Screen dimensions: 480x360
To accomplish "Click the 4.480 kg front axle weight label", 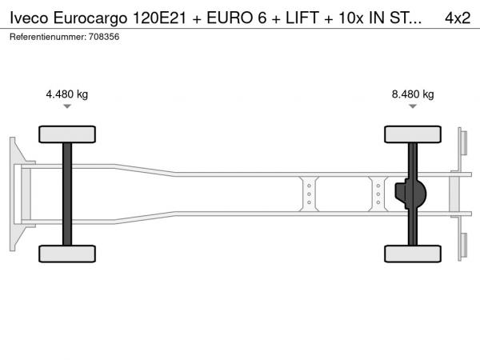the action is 66,94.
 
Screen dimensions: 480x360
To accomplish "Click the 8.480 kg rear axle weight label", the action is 413,94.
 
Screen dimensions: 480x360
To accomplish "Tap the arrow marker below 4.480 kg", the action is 67,106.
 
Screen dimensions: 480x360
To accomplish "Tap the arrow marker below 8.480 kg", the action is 413,106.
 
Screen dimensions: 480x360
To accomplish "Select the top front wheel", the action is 67,134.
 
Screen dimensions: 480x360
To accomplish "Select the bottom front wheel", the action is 67,254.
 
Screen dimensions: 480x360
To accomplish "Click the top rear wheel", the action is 413,134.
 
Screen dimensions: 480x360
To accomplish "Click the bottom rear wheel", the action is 413,254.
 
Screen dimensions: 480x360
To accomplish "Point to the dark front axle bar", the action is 67,194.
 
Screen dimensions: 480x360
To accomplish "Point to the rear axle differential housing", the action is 410,194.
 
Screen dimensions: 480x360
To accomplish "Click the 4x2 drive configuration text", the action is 458,18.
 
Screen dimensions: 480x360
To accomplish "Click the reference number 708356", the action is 104,37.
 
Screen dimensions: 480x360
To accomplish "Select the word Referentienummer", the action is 48,37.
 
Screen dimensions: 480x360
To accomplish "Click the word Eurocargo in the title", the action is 90,18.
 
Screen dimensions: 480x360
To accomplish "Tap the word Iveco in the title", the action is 29,18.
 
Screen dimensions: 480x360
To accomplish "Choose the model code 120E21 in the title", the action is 159,18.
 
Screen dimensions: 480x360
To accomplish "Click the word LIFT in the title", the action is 302,18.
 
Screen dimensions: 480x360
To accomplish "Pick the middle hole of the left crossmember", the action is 309,194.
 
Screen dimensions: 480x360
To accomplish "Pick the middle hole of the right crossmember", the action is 378,194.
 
